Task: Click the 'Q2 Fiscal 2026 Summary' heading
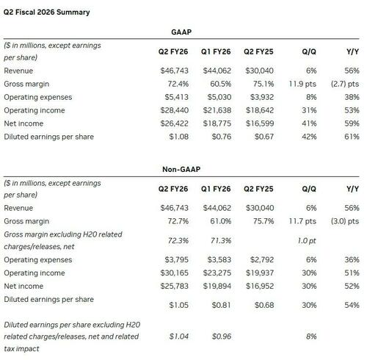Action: (x=46, y=12)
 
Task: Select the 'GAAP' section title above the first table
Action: (x=181, y=32)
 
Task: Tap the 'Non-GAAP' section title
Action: (x=181, y=169)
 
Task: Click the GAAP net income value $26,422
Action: (x=175, y=123)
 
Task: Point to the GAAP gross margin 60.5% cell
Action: (x=221, y=84)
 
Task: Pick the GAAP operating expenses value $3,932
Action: (x=262, y=97)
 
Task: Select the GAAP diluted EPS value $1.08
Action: (x=179, y=137)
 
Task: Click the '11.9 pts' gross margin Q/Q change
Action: (x=302, y=84)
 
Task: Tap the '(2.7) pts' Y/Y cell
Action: (x=345, y=84)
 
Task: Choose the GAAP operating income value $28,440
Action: (x=175, y=110)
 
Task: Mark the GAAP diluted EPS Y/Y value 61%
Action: (x=352, y=137)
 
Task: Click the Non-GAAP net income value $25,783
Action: (x=175, y=286)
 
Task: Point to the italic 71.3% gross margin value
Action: (x=221, y=240)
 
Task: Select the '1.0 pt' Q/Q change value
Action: (x=307, y=240)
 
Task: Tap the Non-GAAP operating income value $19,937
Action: (x=260, y=273)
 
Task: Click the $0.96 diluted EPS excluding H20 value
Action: (x=222, y=336)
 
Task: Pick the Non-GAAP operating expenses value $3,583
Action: (x=219, y=259)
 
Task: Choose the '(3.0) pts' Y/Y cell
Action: (x=345, y=221)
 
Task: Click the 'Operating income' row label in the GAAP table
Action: (x=34, y=110)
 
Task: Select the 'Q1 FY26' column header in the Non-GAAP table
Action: (x=216, y=189)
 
